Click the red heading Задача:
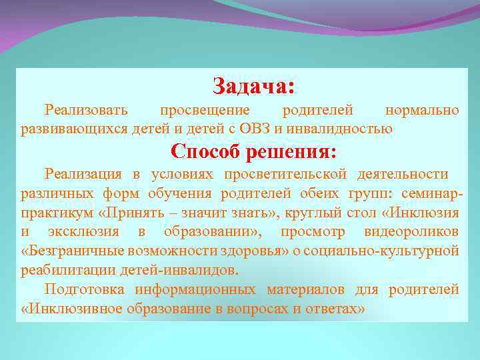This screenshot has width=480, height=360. click(253, 86)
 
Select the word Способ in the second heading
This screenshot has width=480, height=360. click(207, 151)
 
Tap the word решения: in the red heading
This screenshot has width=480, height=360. click(291, 151)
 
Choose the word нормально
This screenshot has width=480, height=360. click(422, 109)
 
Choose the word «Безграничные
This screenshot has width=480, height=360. click(67, 251)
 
